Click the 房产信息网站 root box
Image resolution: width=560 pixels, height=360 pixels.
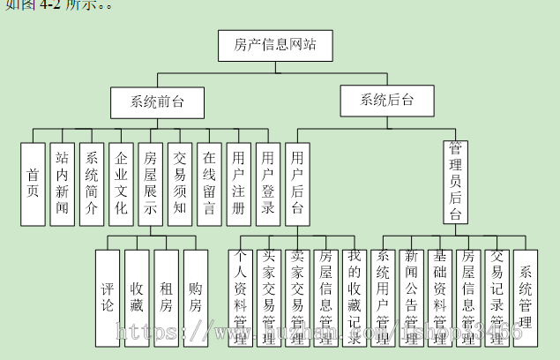tap(274, 45)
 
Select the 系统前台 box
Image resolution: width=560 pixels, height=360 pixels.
tap(158, 101)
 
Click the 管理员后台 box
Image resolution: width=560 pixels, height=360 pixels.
tap(455, 183)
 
